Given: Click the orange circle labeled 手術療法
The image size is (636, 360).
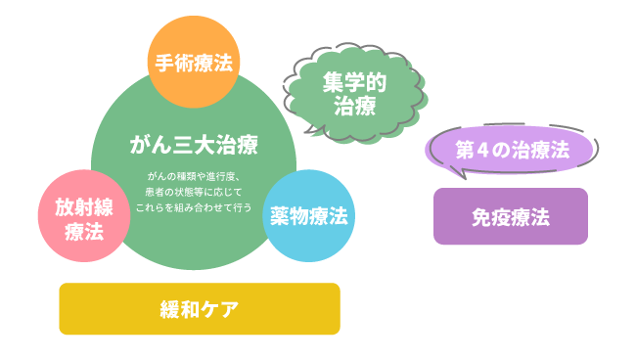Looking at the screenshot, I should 194,64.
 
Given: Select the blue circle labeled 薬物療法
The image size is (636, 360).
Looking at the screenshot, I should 309,215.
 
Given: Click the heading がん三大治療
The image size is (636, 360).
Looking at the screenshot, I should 194,147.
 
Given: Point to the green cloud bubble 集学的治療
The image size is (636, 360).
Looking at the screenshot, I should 354,94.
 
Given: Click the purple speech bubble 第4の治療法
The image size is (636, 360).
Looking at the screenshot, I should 512,151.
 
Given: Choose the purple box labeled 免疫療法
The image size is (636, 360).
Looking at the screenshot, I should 511,216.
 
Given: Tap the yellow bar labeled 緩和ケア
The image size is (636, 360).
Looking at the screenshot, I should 200,309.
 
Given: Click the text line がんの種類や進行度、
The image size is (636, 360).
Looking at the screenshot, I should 194,175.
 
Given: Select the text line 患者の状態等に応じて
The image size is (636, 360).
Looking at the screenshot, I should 194,192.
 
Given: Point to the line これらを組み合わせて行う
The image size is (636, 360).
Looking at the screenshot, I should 194,208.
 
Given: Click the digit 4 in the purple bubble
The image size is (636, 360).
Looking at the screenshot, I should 481,151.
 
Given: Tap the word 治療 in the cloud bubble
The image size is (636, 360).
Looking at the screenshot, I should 354,106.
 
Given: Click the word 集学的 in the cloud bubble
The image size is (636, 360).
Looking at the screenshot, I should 354,83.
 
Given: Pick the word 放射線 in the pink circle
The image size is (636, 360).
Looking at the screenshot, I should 83,206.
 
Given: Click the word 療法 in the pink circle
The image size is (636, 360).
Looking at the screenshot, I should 83,231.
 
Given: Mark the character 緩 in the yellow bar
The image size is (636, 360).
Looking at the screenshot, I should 169,309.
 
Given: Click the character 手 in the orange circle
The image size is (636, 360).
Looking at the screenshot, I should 163,64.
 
